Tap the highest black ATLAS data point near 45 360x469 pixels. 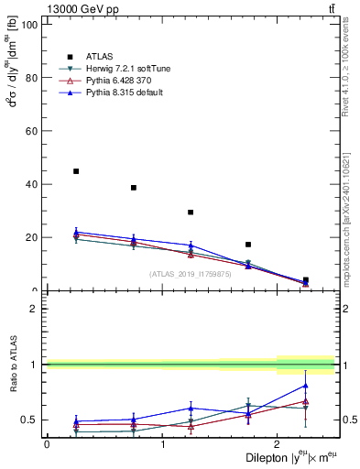(x=76, y=171)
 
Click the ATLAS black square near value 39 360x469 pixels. (x=134, y=187)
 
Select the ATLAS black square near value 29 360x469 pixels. (x=191, y=213)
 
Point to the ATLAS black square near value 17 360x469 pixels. (x=248, y=245)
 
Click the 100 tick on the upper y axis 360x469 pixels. (x=31, y=25)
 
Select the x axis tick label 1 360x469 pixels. (x=162, y=443)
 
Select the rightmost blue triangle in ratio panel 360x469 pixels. (x=306, y=385)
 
